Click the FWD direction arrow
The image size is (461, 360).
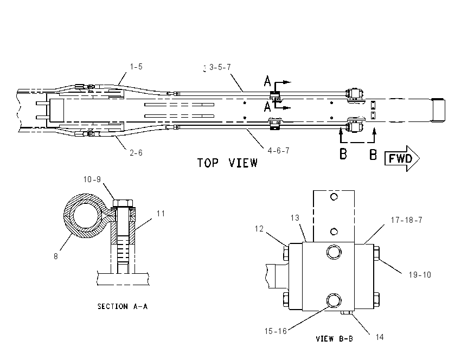402,158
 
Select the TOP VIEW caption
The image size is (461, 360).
227,163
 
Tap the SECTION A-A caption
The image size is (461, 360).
123,306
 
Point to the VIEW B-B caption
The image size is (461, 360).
334,339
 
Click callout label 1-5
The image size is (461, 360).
136,67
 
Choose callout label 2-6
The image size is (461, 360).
136,153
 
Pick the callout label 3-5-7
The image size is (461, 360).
220,67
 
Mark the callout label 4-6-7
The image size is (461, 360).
278,151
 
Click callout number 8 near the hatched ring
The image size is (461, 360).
55,256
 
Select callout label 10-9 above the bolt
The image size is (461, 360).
92,179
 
